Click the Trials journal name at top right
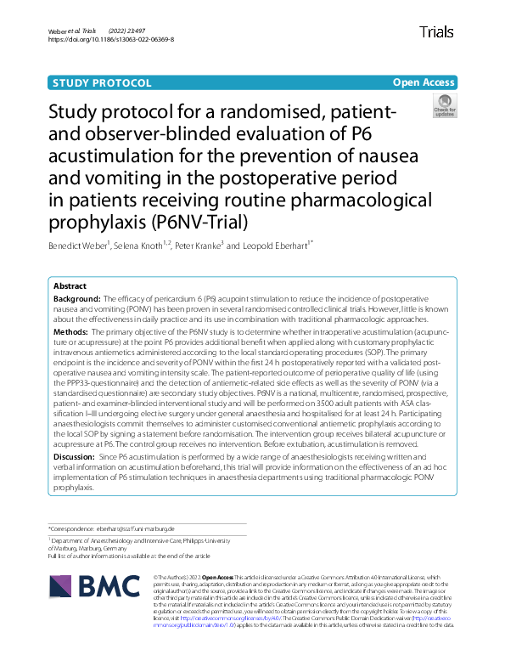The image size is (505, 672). [x=436, y=32]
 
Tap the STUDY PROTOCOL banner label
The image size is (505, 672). [x=102, y=82]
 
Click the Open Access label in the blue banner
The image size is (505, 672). [x=424, y=82]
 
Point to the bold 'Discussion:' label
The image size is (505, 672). [x=75, y=456]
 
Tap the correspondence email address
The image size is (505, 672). [x=146, y=528]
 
